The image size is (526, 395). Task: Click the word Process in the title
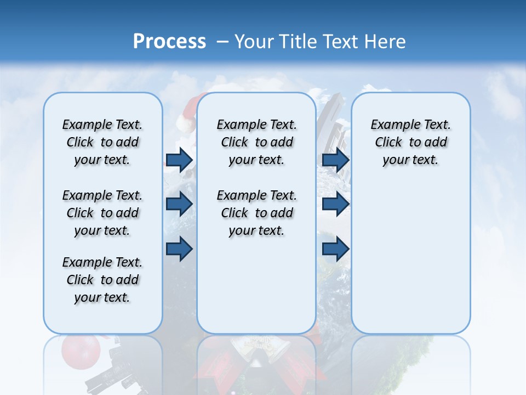coord(169,41)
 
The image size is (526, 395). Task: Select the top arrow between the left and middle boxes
coord(179,160)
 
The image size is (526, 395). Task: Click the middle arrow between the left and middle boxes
coord(179,204)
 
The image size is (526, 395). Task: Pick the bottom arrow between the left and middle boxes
coord(179,249)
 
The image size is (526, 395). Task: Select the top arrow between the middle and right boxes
coord(335,160)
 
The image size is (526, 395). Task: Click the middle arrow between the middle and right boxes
coord(335,204)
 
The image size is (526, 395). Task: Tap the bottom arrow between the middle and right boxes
coord(335,249)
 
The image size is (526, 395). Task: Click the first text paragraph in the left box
coord(102,142)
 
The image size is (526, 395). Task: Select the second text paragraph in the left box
coord(102,213)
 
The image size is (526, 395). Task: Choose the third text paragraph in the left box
coord(102,280)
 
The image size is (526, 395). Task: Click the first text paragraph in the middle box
coord(256,142)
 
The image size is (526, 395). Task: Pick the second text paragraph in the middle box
coord(256,213)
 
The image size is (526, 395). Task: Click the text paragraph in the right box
coord(410,142)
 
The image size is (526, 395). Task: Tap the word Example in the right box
coord(391,125)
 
